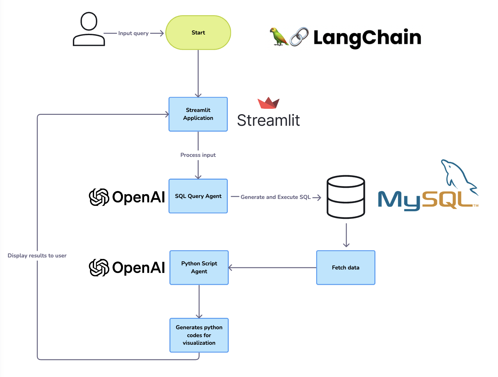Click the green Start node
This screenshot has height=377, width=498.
point(198,33)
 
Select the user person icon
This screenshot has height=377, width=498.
point(89,29)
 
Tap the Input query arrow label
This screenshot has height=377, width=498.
point(133,33)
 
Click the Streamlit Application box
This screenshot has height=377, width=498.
point(198,114)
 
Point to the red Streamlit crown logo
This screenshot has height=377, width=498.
point(268,103)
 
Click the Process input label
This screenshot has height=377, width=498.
point(198,155)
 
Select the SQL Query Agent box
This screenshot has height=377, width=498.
point(198,196)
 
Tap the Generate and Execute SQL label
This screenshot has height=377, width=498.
point(275,197)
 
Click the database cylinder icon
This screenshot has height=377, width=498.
point(346,197)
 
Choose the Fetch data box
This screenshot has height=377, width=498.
point(346,268)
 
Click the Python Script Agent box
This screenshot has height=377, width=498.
point(199,268)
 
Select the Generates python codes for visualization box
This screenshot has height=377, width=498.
point(199,335)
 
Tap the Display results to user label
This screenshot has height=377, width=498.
point(37,256)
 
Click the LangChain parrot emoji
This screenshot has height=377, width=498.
point(278,37)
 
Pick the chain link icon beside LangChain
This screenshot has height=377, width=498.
point(299,37)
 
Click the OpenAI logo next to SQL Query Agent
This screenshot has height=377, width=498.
point(127,197)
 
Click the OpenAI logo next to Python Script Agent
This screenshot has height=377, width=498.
point(127,268)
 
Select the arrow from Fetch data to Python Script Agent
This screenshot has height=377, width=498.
point(272,268)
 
